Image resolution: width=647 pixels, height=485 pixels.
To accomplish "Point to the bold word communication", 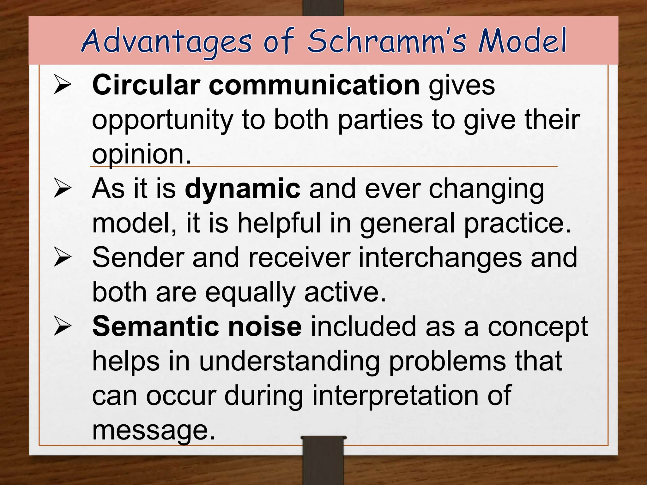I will click(x=314, y=85).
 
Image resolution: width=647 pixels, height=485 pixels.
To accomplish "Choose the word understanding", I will click(x=289, y=362).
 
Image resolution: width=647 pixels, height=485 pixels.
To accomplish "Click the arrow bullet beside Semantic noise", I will click(x=62, y=326).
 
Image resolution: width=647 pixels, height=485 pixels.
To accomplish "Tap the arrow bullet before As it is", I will click(x=62, y=189).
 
